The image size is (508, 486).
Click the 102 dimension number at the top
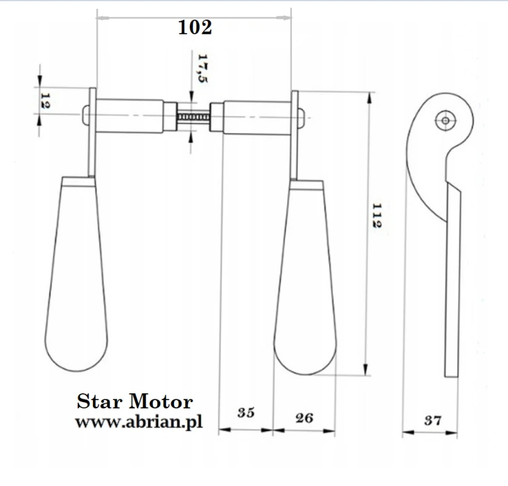click(195, 27)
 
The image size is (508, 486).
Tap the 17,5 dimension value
click(203, 68)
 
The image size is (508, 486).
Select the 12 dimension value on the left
click(45, 101)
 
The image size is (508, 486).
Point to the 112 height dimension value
click(377, 216)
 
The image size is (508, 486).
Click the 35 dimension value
click(246, 412)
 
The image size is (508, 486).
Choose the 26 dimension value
click(304, 418)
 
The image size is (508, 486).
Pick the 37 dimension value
click(433, 420)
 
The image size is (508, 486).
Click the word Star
click(100, 402)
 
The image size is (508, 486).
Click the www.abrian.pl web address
click(139, 422)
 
